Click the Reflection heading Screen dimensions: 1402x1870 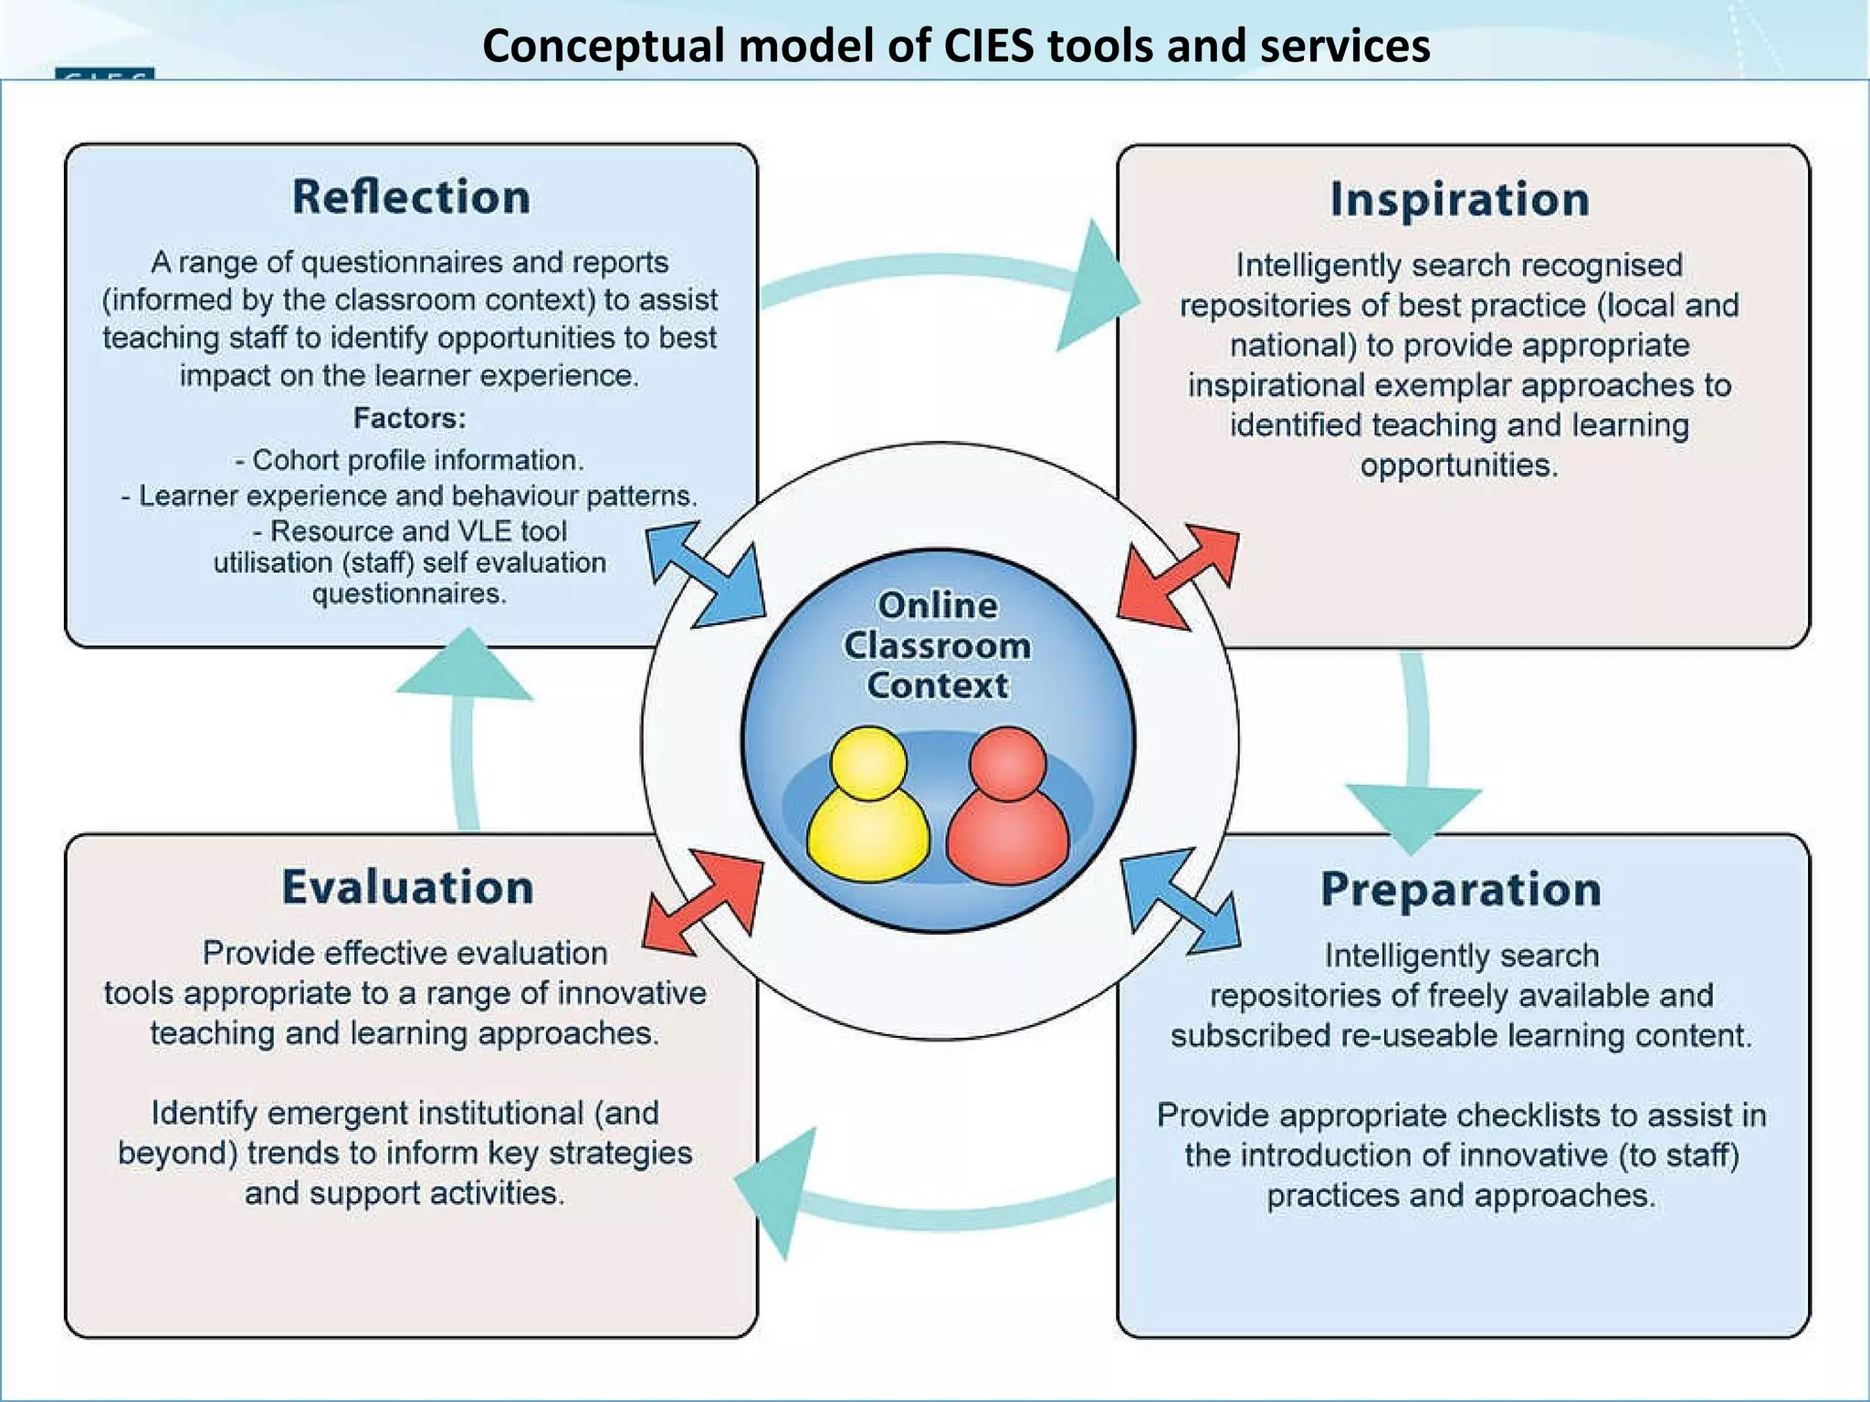[411, 197]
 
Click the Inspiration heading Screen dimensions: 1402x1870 [1459, 200]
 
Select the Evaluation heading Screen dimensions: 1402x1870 [407, 888]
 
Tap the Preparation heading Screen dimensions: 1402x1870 [1460, 890]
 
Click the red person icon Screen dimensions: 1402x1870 [1007, 807]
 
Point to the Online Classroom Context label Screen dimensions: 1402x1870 [938, 645]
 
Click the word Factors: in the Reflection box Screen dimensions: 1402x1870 [409, 418]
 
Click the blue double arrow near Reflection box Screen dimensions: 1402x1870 [705, 574]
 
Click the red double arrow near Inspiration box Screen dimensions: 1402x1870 [1178, 577]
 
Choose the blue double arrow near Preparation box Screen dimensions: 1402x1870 [1180, 902]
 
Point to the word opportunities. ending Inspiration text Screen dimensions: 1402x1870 [1458, 466]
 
